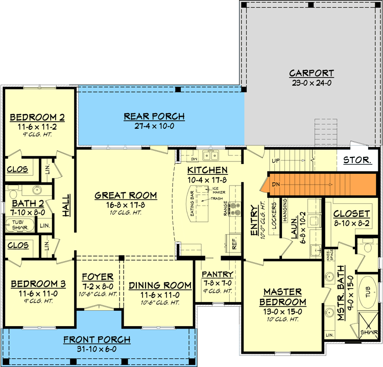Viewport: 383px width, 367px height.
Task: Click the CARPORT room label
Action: click(311, 73)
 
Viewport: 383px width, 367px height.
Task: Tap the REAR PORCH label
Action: click(154, 117)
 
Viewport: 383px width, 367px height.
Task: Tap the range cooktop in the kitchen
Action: click(234, 209)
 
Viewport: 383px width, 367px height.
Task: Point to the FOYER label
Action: click(98, 278)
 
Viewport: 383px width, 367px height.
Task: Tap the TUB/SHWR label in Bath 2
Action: click(16, 224)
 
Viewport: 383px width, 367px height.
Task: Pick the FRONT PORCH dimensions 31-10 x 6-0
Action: click(97, 349)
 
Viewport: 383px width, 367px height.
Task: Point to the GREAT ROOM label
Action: click(126, 195)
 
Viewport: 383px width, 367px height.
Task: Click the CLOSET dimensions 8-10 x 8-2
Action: click(351, 222)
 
